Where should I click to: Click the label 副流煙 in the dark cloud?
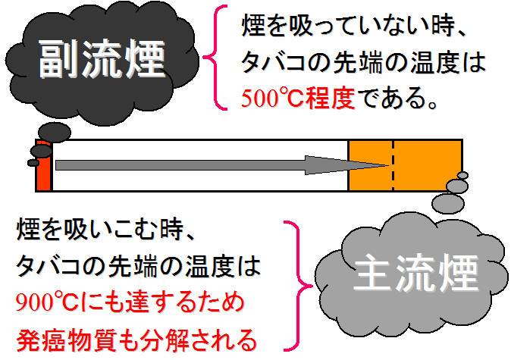point(102,59)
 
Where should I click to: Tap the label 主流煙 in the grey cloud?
point(415,272)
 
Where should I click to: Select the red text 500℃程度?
point(298,98)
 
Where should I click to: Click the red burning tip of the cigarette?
point(44,165)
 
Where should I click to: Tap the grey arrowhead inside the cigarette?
point(346,165)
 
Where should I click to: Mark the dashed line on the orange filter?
point(393,165)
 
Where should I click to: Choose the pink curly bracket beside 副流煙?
point(215,58)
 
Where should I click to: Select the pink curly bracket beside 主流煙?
point(297,286)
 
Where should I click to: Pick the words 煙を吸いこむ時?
point(100,230)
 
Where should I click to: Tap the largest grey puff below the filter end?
point(448,203)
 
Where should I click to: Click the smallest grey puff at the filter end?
point(462,175)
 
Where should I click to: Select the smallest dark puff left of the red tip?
point(33,163)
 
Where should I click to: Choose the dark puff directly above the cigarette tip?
point(55,132)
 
